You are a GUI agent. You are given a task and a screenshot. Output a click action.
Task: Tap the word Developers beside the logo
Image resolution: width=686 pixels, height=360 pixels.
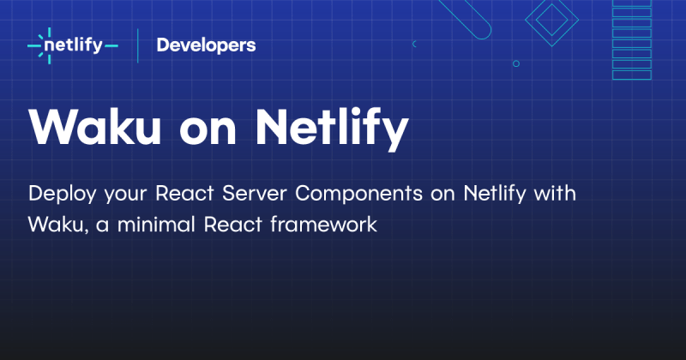coord(206,45)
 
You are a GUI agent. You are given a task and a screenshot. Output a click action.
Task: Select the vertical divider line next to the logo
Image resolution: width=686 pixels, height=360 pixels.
coord(138,45)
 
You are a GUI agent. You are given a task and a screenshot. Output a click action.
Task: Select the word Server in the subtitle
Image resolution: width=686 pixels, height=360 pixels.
coord(256,193)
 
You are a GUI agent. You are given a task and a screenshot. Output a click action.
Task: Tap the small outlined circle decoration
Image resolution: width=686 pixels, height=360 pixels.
coord(515,63)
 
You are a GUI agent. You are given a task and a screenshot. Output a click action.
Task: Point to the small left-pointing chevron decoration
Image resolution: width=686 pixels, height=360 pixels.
coord(414,43)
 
